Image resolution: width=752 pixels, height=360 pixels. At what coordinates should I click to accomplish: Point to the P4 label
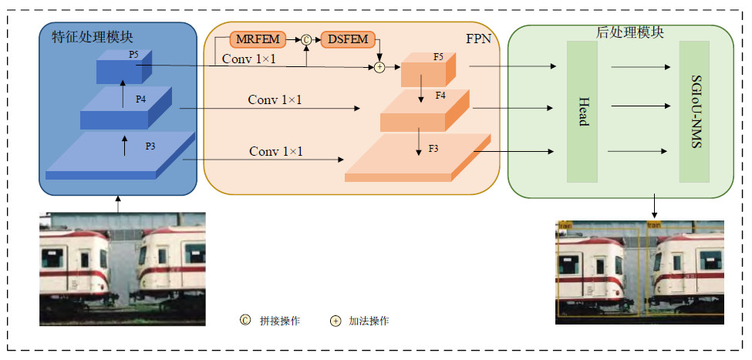[x=140, y=99]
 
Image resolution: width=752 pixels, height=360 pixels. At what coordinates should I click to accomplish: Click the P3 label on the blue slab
[x=150, y=145]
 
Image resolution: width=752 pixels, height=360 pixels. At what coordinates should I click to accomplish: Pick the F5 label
[x=438, y=56]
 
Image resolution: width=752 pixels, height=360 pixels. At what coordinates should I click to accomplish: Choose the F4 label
[x=441, y=96]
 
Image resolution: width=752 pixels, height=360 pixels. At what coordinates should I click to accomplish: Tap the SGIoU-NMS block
[x=694, y=111]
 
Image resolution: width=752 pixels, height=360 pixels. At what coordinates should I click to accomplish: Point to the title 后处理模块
[x=631, y=33]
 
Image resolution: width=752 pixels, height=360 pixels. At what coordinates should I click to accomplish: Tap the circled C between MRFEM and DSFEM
[x=305, y=39]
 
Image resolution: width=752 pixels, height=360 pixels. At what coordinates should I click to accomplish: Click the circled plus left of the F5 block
[x=379, y=68]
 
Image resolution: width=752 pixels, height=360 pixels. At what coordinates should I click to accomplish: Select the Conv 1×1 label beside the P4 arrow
[x=275, y=100]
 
